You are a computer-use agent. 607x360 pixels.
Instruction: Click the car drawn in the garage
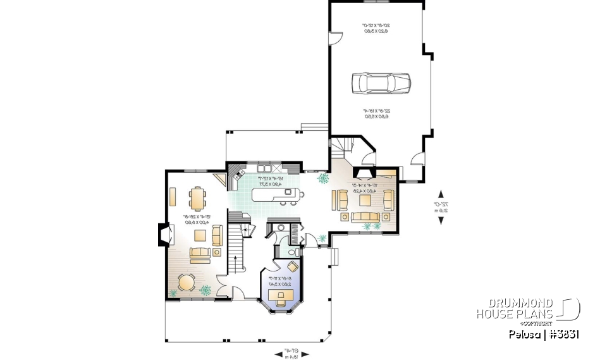pyautogui.click(x=381, y=82)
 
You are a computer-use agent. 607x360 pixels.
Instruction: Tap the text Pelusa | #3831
pyautogui.click(x=543, y=334)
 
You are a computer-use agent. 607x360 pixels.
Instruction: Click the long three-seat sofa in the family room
pyautogui.click(x=365, y=218)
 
